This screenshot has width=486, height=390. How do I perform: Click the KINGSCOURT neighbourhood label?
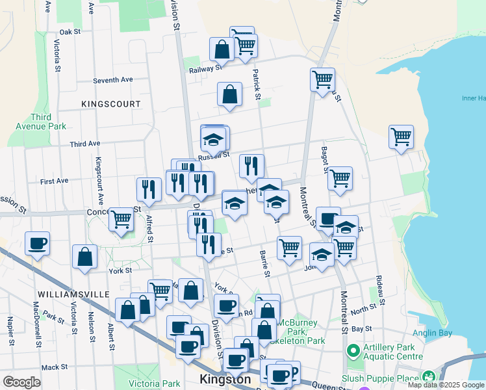[x=111, y=104]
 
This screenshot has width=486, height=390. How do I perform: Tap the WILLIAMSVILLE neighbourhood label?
[x=73, y=294]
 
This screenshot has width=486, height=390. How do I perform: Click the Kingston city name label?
[x=225, y=380]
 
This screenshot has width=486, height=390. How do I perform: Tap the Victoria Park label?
[x=154, y=383]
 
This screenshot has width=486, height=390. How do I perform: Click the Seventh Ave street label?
[x=112, y=79]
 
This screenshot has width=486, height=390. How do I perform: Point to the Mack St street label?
[x=50, y=367]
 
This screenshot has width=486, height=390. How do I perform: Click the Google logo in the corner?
[x=21, y=382]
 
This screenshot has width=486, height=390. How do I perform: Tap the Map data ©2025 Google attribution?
[x=446, y=385]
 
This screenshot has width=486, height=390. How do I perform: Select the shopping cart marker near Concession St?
[x=122, y=219]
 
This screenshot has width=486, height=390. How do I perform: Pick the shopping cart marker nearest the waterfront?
[x=402, y=136]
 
